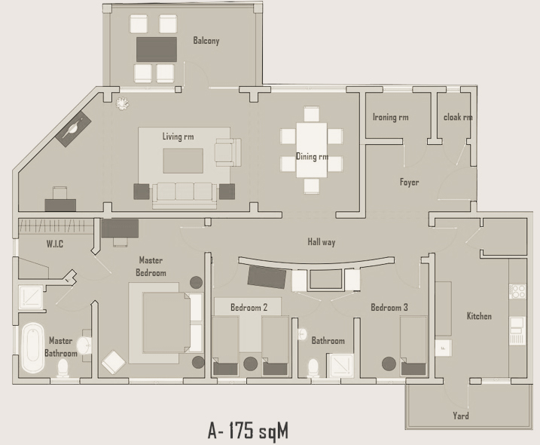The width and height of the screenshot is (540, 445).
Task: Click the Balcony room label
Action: [x=206, y=41]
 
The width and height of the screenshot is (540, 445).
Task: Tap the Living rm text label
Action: [x=178, y=137]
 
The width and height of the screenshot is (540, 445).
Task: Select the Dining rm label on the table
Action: [x=312, y=157]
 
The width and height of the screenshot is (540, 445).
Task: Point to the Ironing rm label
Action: [x=390, y=117]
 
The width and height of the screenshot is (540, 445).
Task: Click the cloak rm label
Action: [x=457, y=117]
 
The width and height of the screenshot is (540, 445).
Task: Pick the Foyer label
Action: [x=409, y=182]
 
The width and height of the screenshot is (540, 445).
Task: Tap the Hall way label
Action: [x=322, y=242]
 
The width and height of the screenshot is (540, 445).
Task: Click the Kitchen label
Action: [x=479, y=316]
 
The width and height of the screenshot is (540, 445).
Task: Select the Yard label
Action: [x=461, y=416]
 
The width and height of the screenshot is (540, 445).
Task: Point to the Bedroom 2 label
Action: [x=249, y=308]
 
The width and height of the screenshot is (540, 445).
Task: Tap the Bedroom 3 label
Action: [x=389, y=308]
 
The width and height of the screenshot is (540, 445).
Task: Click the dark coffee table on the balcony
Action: [x=157, y=49]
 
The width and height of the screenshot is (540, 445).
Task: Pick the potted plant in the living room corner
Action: [x=121, y=103]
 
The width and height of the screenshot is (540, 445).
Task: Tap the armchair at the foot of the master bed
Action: [x=113, y=362]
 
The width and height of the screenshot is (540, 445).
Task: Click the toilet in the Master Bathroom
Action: [x=64, y=368]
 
